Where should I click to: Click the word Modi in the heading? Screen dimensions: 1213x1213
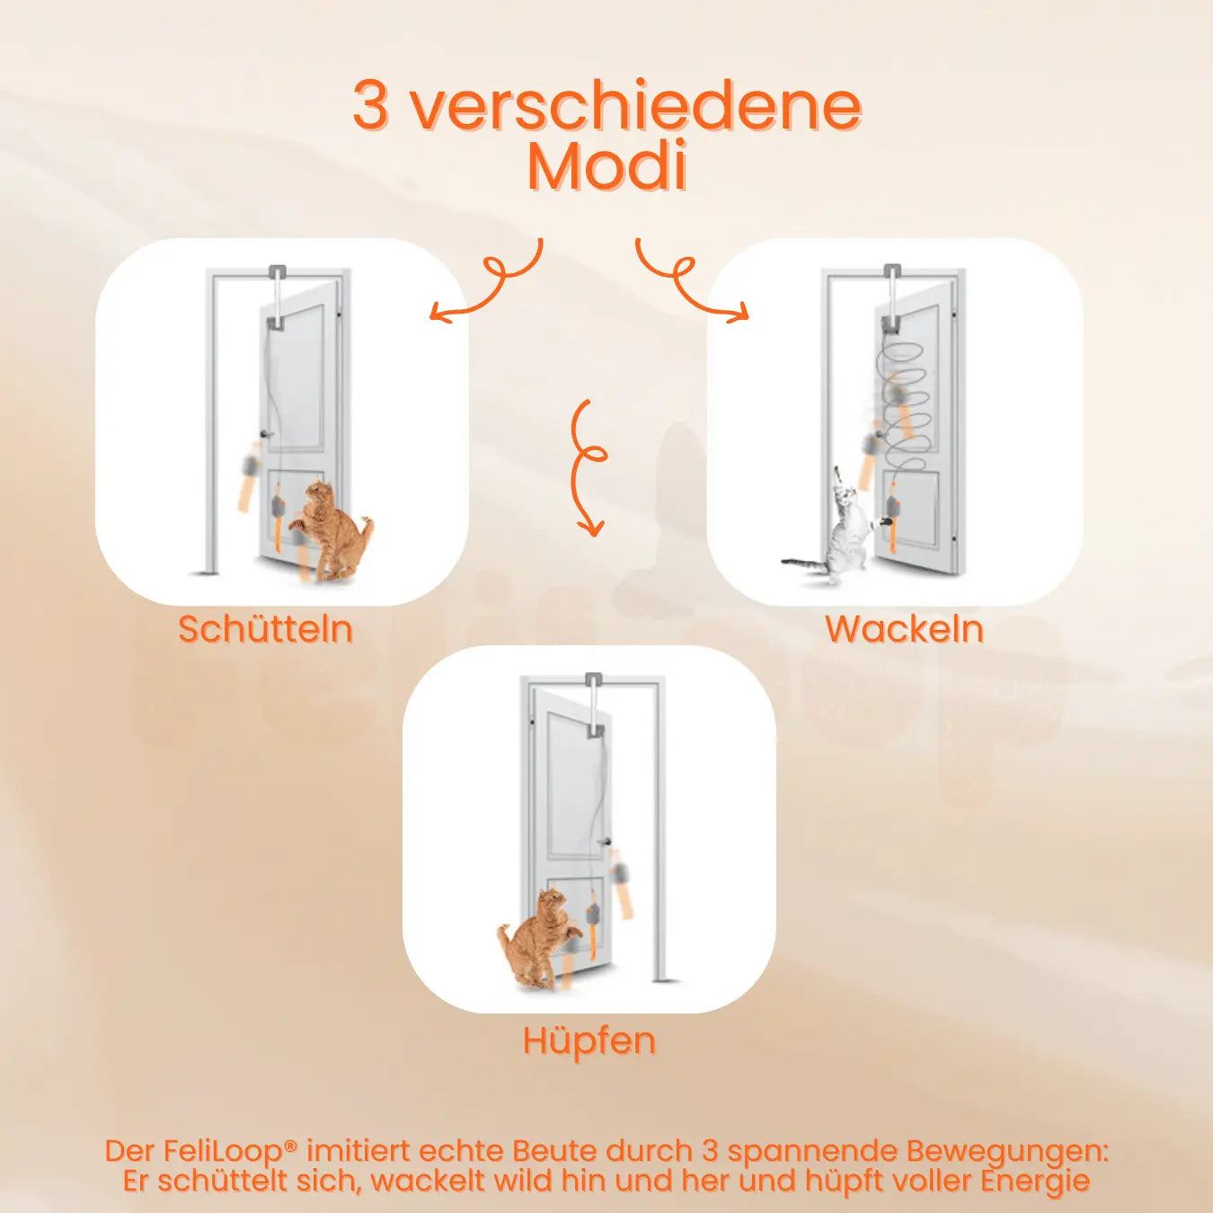point(607,166)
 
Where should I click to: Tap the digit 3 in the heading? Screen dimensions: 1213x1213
point(370,105)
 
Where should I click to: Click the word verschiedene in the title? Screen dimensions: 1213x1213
point(636,105)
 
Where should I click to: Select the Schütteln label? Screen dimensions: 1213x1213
point(265,629)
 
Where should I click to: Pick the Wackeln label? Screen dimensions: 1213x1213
point(904,629)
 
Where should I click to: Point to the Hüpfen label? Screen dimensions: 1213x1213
point(589,1040)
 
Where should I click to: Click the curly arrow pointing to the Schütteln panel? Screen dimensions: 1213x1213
point(490,283)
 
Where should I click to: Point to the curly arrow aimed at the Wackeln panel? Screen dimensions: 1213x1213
point(687,283)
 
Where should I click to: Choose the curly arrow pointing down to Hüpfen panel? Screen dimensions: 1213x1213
point(589,467)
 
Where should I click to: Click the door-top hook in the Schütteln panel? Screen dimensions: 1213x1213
point(277,271)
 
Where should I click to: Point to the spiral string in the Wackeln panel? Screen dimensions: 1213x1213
point(903,400)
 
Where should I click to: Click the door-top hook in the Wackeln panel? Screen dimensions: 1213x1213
point(891,271)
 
